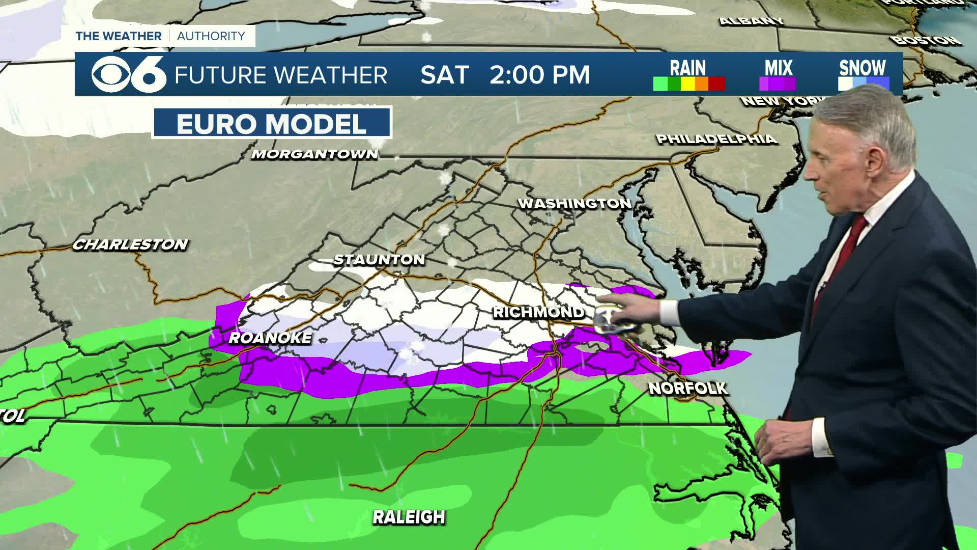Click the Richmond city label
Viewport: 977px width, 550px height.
pos(538,312)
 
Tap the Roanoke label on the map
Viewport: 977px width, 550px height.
pos(270,338)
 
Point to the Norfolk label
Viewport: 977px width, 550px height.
pos(688,389)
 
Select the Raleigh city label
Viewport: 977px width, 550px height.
pos(409,517)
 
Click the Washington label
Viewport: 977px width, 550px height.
pos(574,204)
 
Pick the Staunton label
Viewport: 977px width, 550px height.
pos(379,260)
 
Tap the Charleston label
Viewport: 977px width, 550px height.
pos(130,245)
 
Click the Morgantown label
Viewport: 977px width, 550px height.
pos(315,154)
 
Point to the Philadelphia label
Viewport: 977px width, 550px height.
pos(716,139)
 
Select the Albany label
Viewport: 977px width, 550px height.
pos(751,21)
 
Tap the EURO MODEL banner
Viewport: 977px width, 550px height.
pos(272,124)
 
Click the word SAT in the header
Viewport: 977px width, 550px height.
pos(444,75)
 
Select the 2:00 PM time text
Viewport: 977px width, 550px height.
pos(539,75)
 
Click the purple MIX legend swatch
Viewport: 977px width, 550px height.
pos(778,84)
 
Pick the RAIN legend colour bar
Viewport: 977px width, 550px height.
pos(688,84)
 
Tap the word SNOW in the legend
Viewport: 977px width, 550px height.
pos(863,68)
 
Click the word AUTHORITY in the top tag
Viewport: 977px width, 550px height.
pos(211,36)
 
